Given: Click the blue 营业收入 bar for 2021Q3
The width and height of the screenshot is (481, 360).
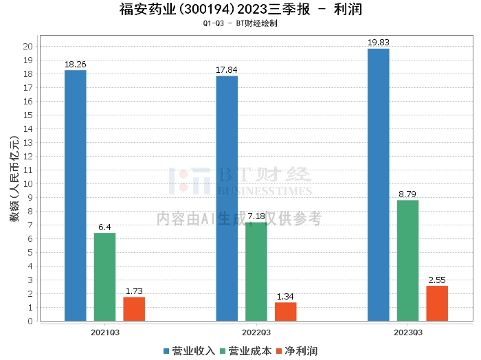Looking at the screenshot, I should pyautogui.click(x=75, y=196).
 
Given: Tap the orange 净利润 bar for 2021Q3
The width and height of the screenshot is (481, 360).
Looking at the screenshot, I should pyautogui.click(x=134, y=309).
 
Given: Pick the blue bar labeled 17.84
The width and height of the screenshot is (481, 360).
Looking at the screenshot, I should pyautogui.click(x=227, y=199).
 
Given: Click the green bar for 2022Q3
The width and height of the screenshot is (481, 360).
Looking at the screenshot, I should pyautogui.click(x=256, y=271).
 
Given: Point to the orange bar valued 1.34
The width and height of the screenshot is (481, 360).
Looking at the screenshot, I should pyautogui.click(x=286, y=312).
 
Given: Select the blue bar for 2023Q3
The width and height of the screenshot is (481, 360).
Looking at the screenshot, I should pyautogui.click(x=378, y=185).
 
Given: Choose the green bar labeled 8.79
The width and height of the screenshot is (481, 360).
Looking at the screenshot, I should pyautogui.click(x=407, y=260).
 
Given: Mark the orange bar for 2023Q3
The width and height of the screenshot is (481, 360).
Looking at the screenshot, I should pyautogui.click(x=437, y=304).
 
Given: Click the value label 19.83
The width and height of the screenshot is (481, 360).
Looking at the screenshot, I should pyautogui.click(x=378, y=43).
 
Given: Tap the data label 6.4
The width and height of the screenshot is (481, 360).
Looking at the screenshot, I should pyautogui.click(x=104, y=227).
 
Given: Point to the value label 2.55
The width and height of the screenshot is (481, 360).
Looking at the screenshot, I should pyautogui.click(x=437, y=280).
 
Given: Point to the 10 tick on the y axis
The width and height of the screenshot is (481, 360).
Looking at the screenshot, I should pyautogui.click(x=28, y=184).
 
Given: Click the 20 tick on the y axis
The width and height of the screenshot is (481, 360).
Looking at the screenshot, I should pyautogui.click(x=28, y=47).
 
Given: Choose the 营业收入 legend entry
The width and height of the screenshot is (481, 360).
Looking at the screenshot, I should pyautogui.click(x=189, y=350).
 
